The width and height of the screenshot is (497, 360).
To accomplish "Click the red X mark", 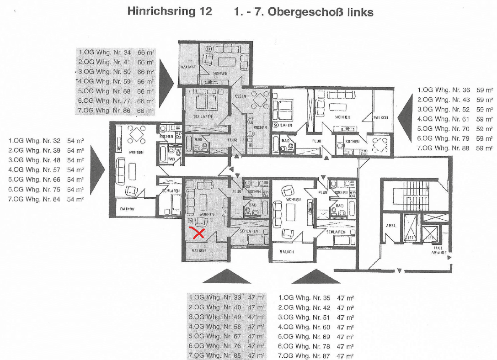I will pos(198,233).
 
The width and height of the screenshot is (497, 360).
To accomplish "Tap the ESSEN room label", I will pos(240,96).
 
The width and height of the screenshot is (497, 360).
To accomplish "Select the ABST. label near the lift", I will pos(391,226).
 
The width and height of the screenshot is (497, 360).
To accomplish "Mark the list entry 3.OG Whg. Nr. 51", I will pos(304,317).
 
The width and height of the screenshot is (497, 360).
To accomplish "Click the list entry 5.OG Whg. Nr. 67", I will pos(214,336).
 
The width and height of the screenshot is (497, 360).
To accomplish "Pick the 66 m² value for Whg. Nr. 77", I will pos(144,101).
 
